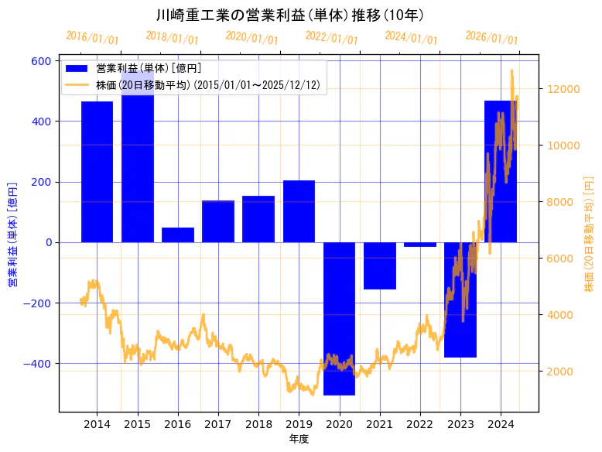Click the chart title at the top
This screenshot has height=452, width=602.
point(290,15)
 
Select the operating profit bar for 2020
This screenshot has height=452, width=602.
point(339,318)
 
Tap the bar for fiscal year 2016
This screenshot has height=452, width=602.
point(178,235)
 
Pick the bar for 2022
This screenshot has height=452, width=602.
point(420,245)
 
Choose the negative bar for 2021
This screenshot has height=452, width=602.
point(380,265)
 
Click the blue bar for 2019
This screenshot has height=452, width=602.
point(299,211)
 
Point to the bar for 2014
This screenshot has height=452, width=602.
point(97,171)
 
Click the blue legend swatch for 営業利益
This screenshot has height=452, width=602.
point(77,70)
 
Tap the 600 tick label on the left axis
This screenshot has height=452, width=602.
point(42,61)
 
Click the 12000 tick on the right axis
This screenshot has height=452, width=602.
point(563,89)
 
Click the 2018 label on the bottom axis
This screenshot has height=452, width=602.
point(258,424)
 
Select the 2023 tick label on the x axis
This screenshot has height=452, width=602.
point(460,424)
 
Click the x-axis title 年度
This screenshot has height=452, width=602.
point(299,439)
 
